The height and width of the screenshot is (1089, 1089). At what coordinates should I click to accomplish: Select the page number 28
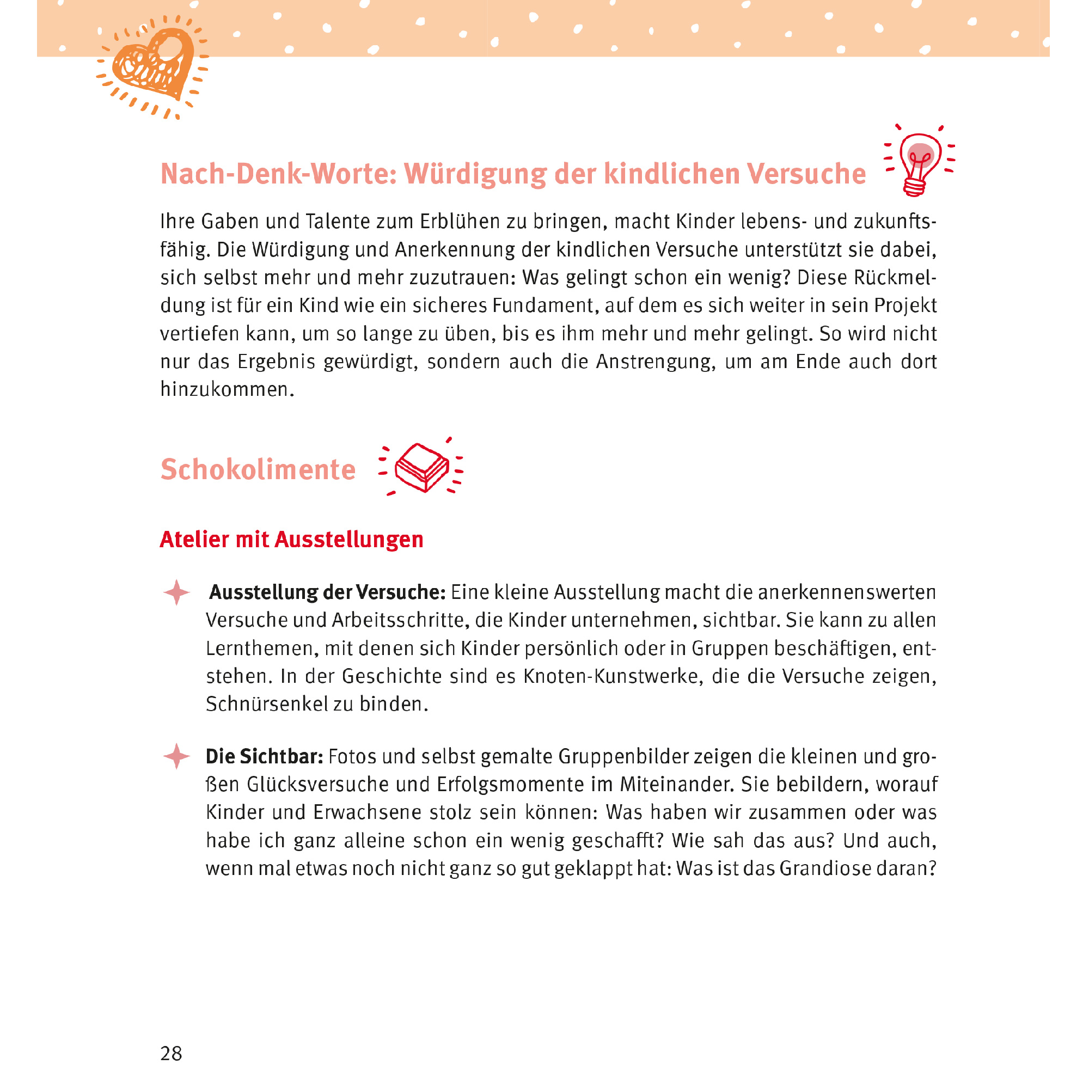[171, 1054]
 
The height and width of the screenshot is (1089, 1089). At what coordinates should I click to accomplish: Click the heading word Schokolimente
[258, 469]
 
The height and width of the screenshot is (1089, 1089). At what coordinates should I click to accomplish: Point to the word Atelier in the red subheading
[194, 540]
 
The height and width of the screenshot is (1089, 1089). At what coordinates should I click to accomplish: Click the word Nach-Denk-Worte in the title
[278, 174]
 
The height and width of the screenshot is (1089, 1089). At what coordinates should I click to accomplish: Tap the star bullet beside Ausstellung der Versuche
[176, 592]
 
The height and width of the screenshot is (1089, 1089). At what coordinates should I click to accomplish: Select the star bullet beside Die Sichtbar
[176, 756]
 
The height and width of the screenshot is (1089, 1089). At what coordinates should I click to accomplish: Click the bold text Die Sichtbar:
[264, 756]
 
